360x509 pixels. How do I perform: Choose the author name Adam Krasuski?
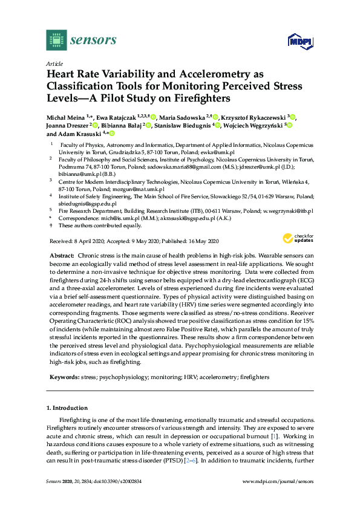[80, 134]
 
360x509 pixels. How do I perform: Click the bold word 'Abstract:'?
[62, 256]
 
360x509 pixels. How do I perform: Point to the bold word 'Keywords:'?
[64, 377]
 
